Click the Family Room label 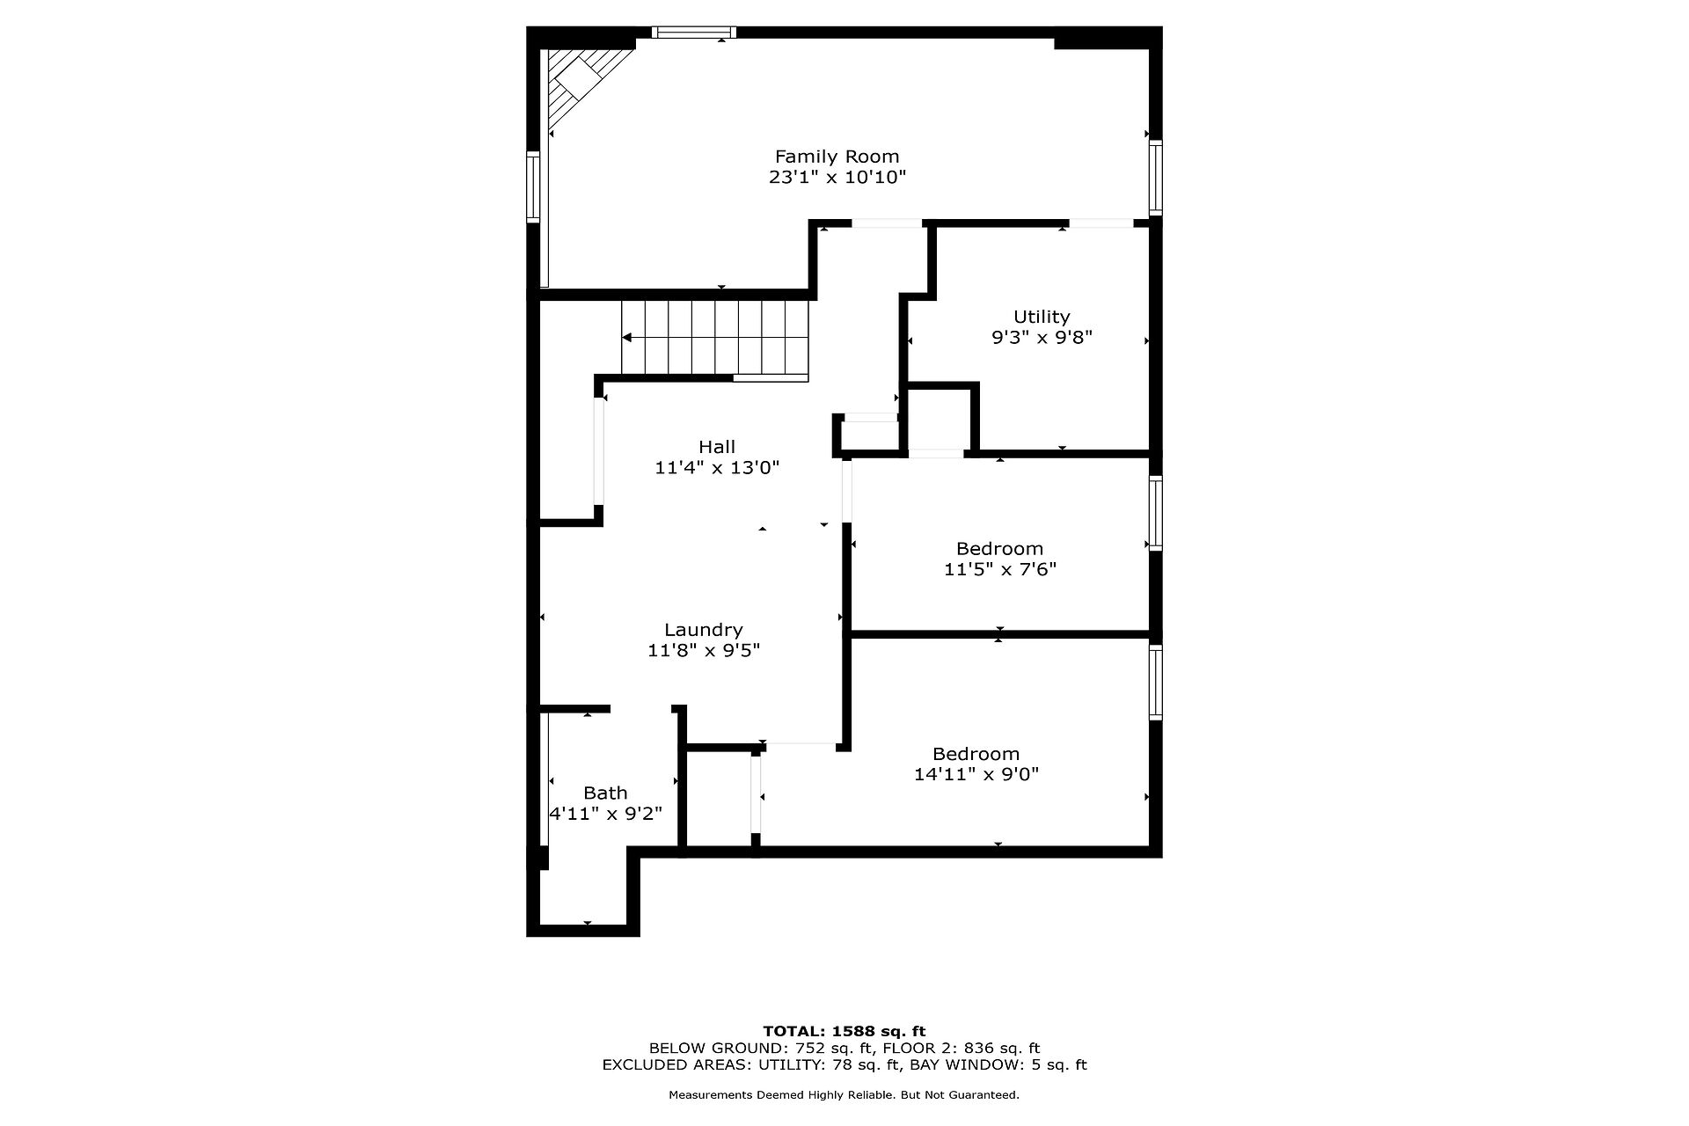coord(837,157)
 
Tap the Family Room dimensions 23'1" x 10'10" coord(837,177)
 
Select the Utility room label coord(1042,317)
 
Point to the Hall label coord(717,447)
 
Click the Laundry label coord(704,630)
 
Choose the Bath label coord(605,793)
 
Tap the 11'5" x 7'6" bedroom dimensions coord(1000,569)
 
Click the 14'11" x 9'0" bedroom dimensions coord(976,774)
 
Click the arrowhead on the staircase coord(627,337)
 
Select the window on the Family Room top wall coord(694,33)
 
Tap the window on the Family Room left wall coord(533,186)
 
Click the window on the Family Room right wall coord(1156,178)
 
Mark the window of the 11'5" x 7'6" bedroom coord(1156,514)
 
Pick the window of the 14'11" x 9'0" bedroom coord(1156,683)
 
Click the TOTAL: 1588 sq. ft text coord(844,1031)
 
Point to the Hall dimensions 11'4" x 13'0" coord(717,467)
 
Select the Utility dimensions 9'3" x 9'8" coord(1042,337)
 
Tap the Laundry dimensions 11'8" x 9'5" coord(704,650)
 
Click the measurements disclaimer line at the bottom coord(844,1095)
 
